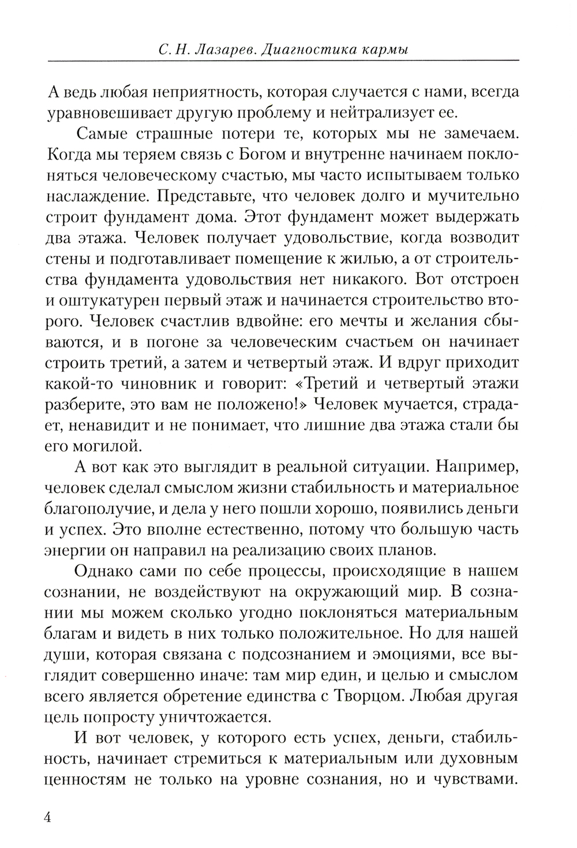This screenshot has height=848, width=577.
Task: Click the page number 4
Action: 47,818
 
